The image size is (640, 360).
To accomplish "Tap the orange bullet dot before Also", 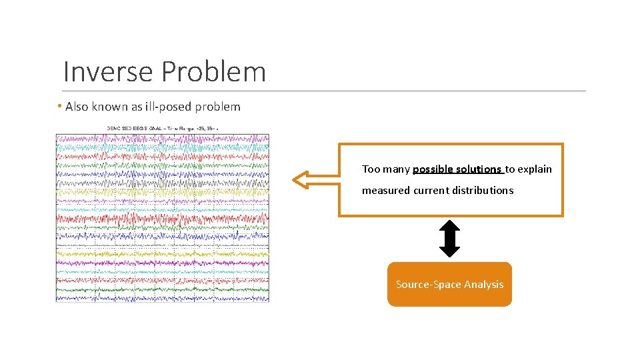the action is (x=59, y=107).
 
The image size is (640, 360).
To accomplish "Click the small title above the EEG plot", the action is (x=163, y=127).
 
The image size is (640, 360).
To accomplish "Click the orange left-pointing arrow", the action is (x=313, y=179).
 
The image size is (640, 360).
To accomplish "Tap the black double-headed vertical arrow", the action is (x=450, y=239).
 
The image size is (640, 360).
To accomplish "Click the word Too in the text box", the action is (x=371, y=169).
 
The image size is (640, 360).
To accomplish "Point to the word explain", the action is (x=535, y=169).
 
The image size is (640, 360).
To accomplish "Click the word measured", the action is (x=386, y=191).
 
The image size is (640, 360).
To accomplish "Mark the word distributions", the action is (x=483, y=191).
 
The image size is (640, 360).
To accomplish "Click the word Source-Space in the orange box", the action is (x=427, y=285).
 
